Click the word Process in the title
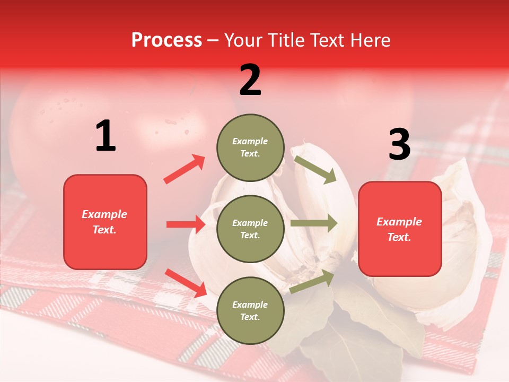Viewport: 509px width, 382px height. pos(166,40)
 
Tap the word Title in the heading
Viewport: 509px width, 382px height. pos(285,40)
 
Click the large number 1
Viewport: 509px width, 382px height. pos(106,136)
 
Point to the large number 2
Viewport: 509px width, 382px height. pos(250,80)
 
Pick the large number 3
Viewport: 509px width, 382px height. pos(399,144)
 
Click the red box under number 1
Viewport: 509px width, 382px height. pos(105,222)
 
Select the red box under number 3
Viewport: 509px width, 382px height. pos(400,229)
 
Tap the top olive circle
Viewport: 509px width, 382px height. pos(250,147)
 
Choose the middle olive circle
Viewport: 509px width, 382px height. pos(250,229)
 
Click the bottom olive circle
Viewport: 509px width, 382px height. pos(250,310)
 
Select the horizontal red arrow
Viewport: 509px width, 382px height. pos(186,224)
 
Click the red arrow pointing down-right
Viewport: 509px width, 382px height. pos(186,282)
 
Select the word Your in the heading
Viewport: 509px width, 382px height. pos(243,40)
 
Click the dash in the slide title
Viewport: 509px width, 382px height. pos(213,41)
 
